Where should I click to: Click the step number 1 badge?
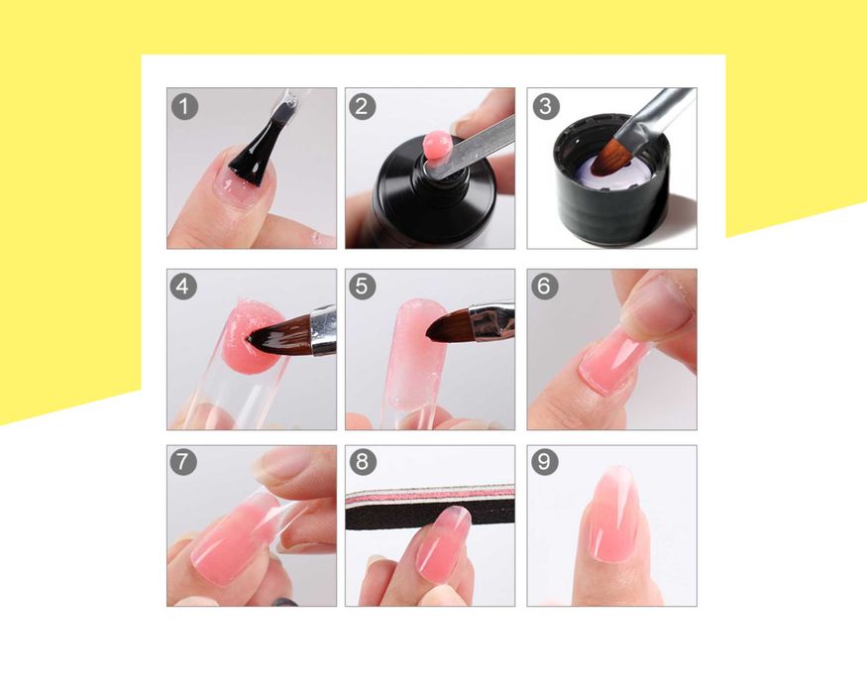[x=184, y=106]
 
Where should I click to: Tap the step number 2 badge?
[x=363, y=106]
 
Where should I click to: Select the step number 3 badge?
[x=546, y=106]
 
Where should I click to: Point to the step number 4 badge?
[x=183, y=287]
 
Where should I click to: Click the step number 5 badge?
[x=363, y=287]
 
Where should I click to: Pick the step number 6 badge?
[x=545, y=287]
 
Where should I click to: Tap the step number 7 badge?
[x=183, y=462]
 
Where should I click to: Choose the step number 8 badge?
[x=363, y=462]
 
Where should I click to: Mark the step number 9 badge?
[x=545, y=462]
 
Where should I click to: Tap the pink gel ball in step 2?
[x=436, y=146]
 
